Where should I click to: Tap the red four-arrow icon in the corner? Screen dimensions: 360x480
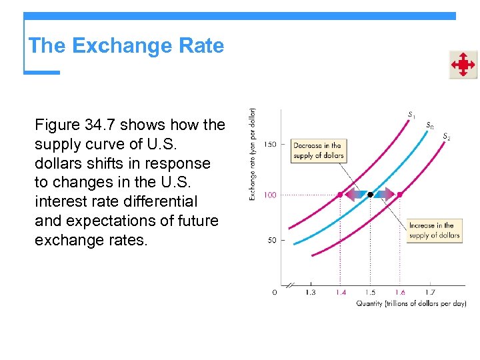click(463, 65)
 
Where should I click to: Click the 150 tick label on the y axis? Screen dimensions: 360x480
click(270, 144)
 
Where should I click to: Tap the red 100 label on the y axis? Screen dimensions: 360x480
click(270, 195)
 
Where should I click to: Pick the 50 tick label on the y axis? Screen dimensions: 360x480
click(272, 240)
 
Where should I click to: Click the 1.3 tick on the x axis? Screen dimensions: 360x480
click(311, 292)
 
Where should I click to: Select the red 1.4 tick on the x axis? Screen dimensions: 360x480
click(341, 292)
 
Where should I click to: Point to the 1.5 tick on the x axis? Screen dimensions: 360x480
click(370, 292)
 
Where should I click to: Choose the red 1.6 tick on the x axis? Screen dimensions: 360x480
click(400, 292)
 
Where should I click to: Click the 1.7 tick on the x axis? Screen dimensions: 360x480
click(430, 292)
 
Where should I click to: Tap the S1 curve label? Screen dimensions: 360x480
click(411, 115)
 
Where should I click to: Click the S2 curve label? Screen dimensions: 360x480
click(446, 137)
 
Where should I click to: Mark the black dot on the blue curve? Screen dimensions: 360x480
click(370, 195)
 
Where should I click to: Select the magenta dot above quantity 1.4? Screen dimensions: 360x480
click(340, 195)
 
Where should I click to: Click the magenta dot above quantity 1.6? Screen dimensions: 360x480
click(400, 195)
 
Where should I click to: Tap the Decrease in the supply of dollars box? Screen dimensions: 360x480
click(318, 150)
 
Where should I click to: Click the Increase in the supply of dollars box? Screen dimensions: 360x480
click(434, 230)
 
